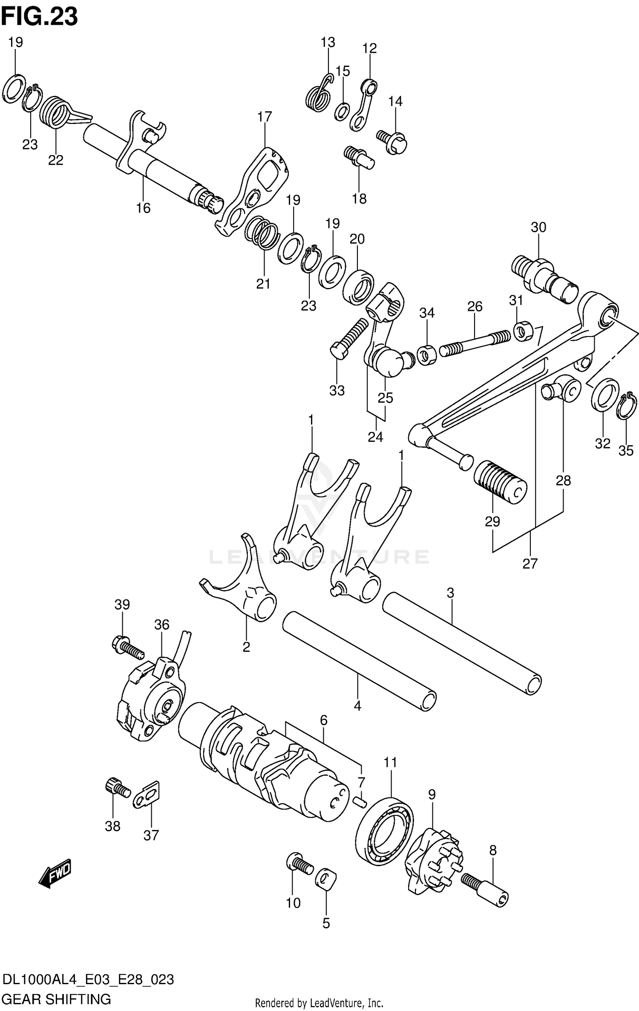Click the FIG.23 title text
[x=39, y=17]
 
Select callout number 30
[x=538, y=227]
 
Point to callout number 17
[x=264, y=116]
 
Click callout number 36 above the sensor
[x=162, y=625]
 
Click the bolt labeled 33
[x=349, y=339]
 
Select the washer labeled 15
[x=342, y=112]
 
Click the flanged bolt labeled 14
[x=393, y=139]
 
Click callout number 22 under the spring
[x=55, y=160]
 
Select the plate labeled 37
[x=147, y=795]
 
